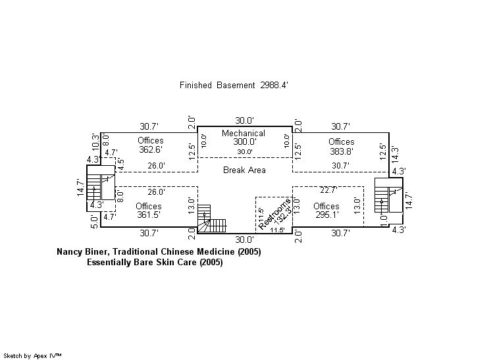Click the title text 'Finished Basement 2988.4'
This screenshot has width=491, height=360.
tap(234, 85)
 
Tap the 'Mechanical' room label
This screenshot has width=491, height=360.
tap(244, 133)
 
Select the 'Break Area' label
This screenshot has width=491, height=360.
tap(244, 170)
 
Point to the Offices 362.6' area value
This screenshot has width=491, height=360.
tap(151, 149)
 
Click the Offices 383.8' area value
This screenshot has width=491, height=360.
tap(342, 150)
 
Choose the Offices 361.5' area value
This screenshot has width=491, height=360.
tap(148, 215)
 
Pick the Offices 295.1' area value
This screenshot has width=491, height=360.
tap(326, 215)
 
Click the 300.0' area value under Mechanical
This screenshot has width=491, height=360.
tap(244, 141)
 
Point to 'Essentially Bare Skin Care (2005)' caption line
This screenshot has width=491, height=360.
tap(155, 263)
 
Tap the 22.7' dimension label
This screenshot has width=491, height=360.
tap(328, 191)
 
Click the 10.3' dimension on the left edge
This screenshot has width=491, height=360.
tap(95, 141)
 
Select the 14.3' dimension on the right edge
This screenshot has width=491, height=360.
tap(395, 153)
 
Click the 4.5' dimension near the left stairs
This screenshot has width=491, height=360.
tap(120, 165)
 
